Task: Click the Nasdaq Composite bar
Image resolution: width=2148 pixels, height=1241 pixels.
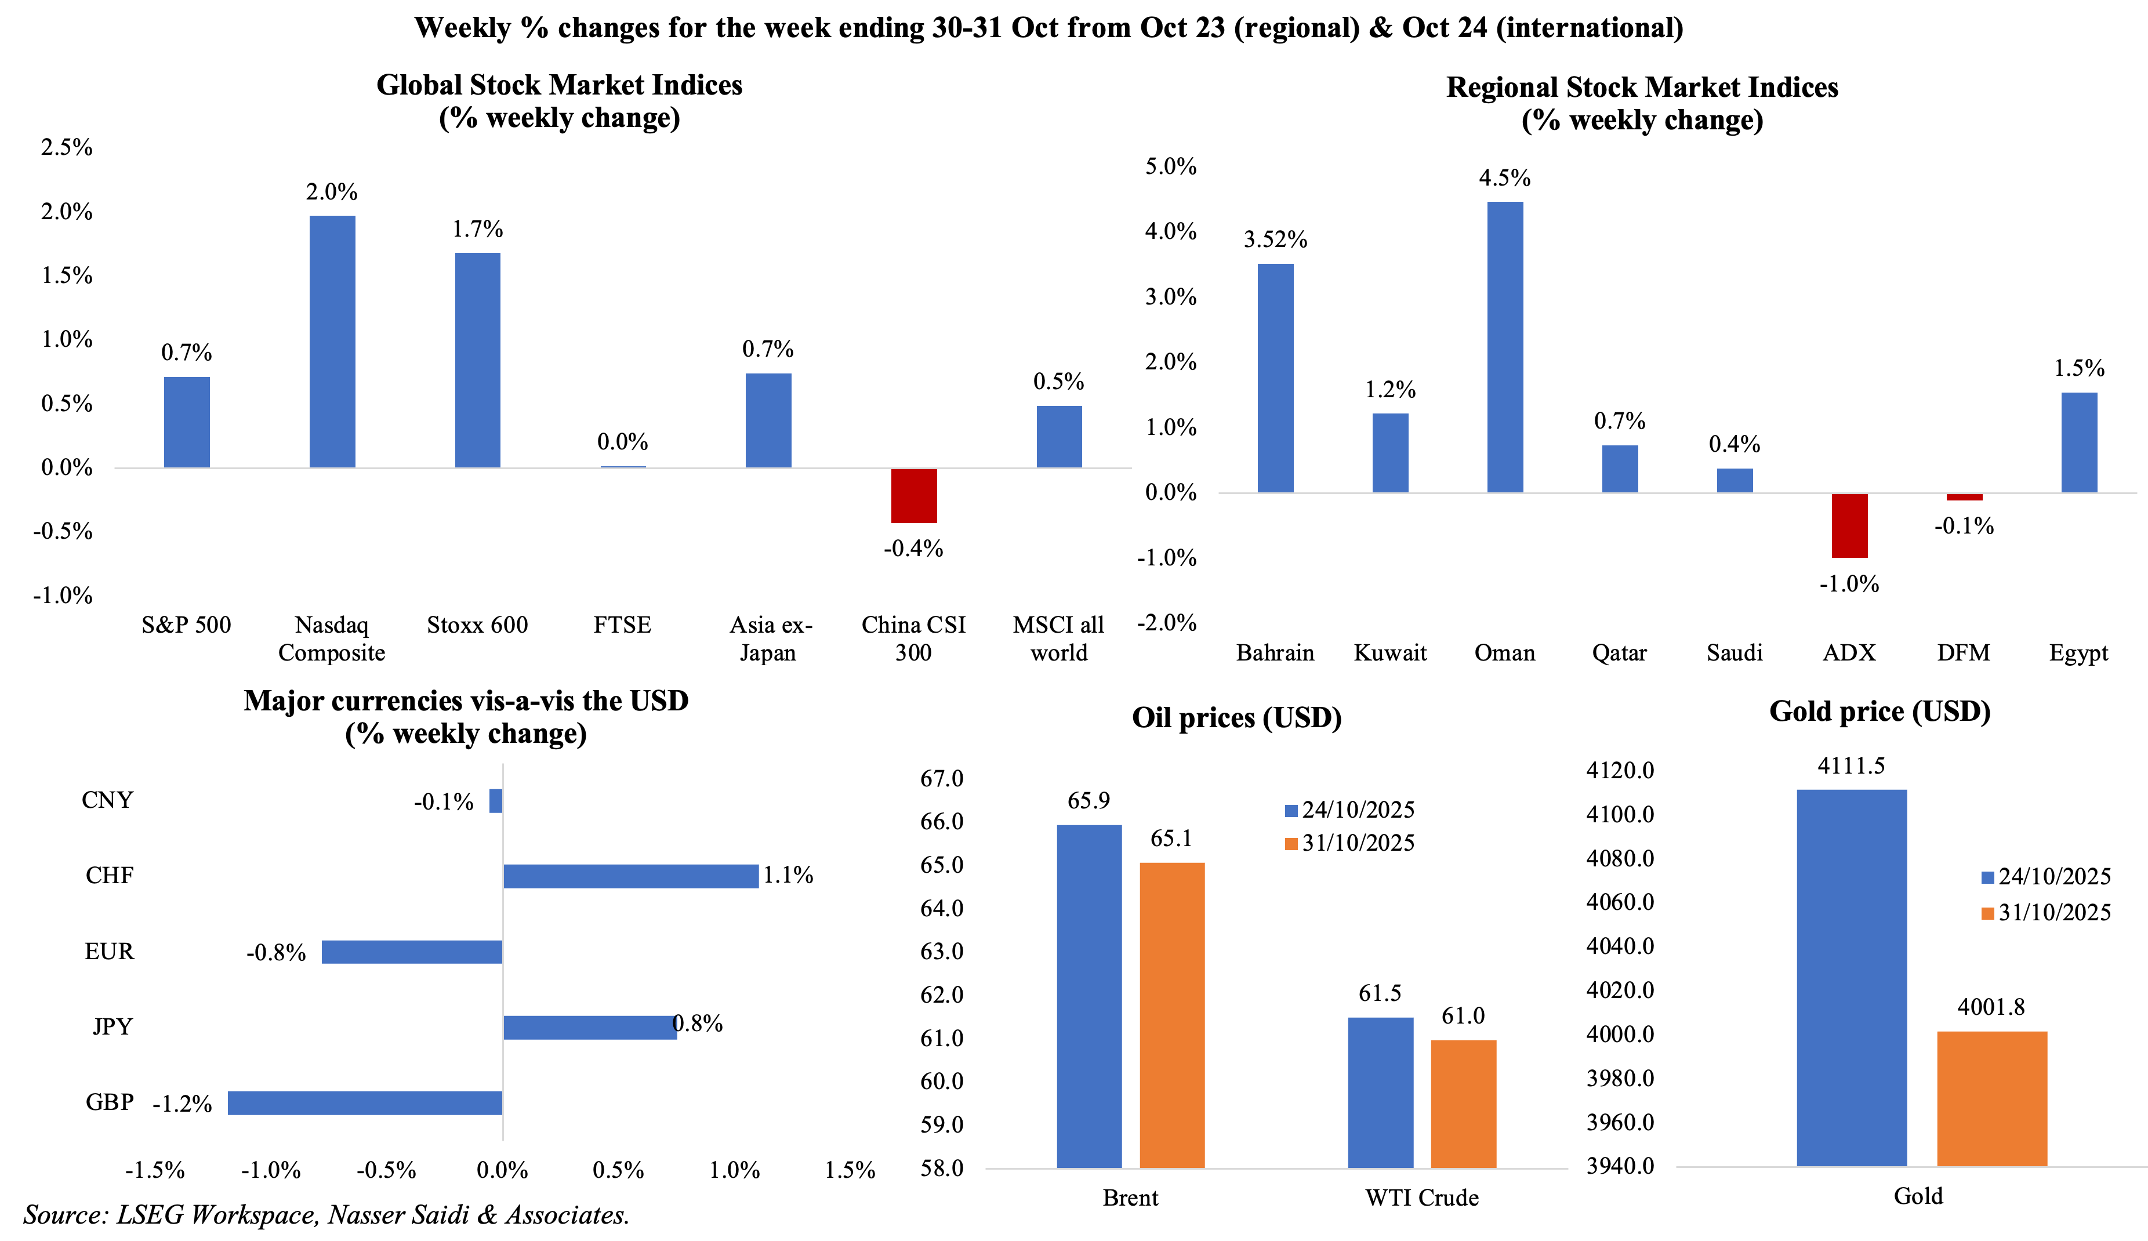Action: [332, 341]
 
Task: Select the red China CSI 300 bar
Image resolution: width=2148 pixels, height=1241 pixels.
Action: [914, 495]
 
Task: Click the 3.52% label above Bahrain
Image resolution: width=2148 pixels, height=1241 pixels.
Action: [1275, 240]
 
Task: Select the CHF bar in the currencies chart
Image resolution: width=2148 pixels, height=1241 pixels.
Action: [631, 876]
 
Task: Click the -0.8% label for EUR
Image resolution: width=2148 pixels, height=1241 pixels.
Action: [276, 953]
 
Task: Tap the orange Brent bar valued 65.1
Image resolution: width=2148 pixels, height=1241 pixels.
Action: [1172, 1014]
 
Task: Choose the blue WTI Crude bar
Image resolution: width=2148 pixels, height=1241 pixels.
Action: [1380, 1092]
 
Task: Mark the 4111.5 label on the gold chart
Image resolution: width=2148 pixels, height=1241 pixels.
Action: [1851, 765]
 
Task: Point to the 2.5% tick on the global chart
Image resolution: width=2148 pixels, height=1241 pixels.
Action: [67, 147]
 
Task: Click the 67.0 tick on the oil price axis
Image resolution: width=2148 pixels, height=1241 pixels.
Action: [942, 778]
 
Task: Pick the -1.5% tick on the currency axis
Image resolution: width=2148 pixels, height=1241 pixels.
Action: [155, 1170]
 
